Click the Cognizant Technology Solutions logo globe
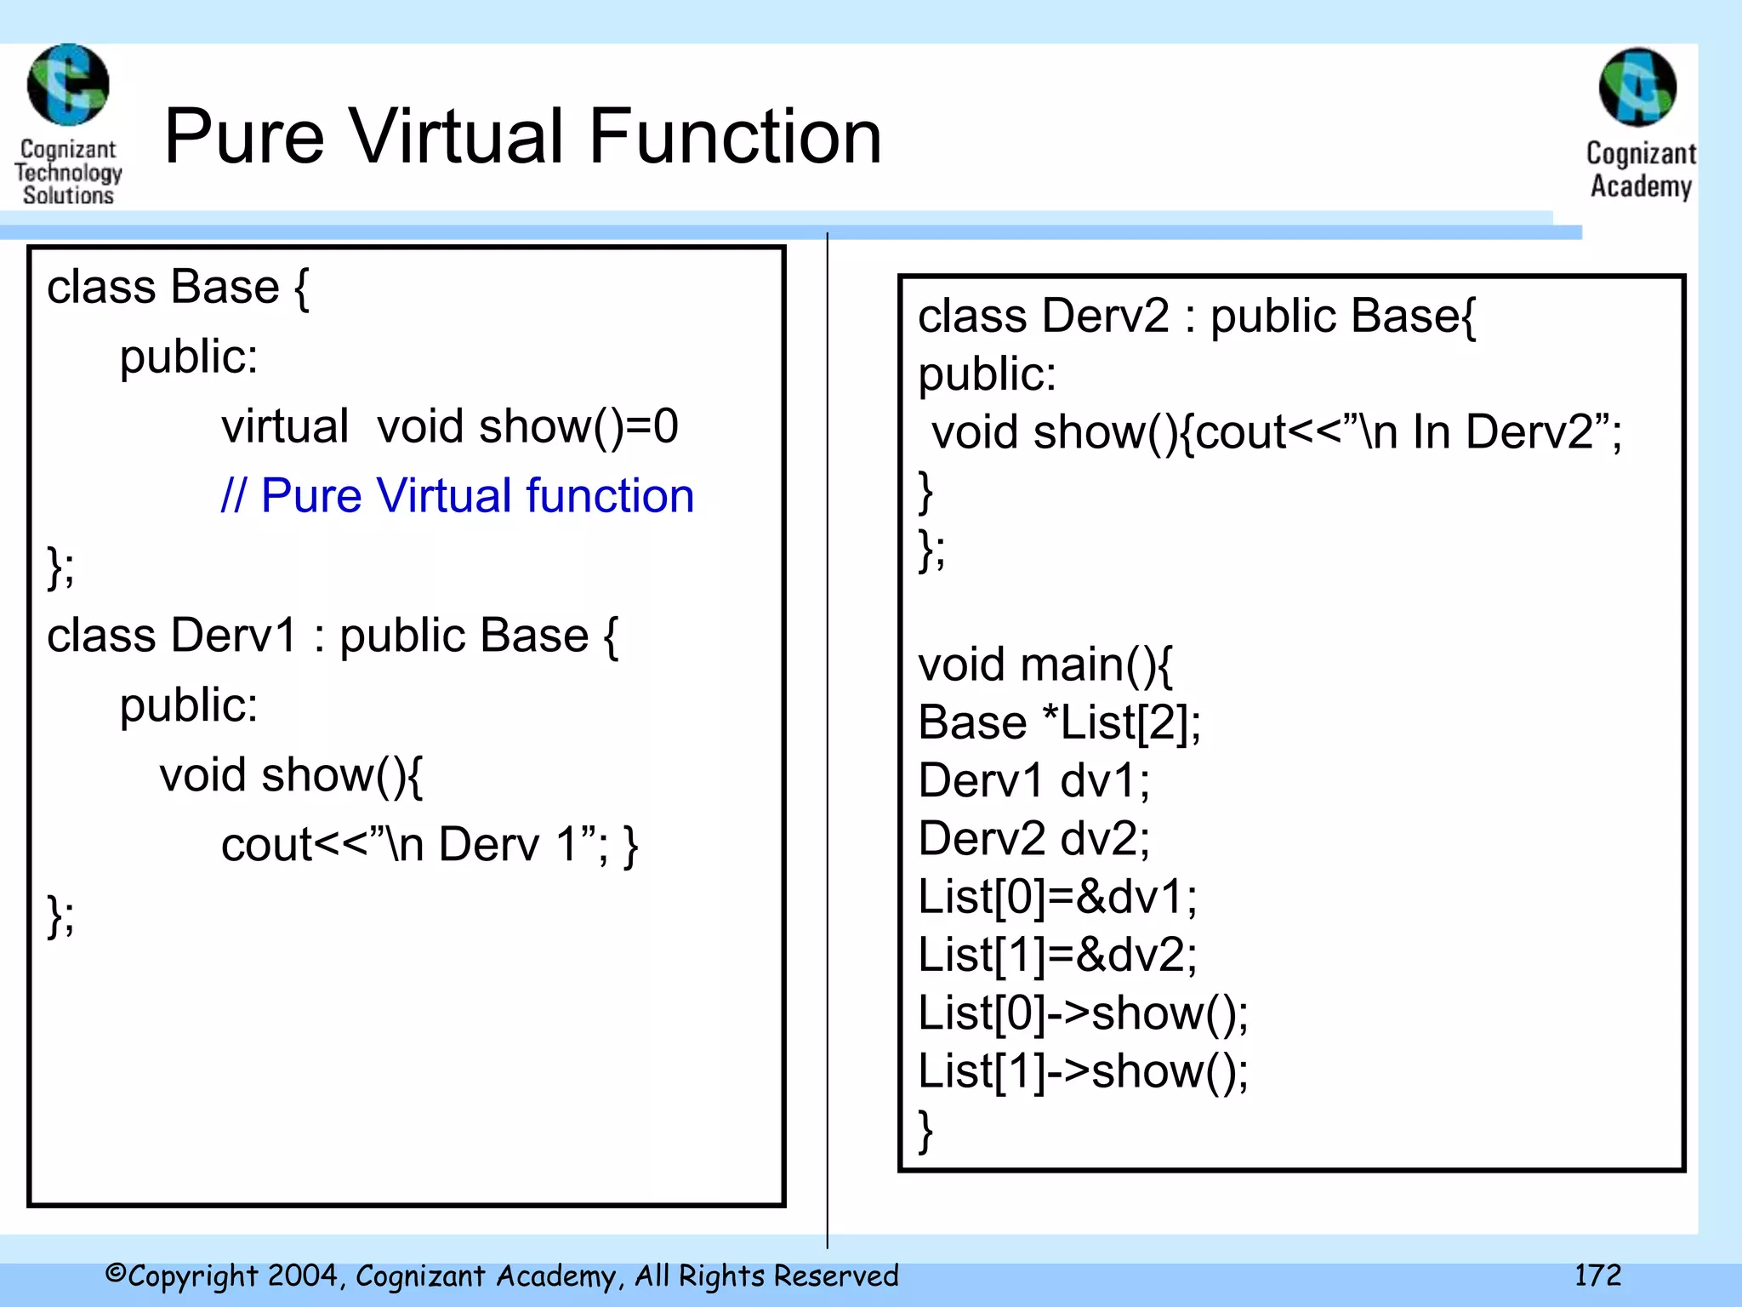pos(68,85)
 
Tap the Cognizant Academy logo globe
pos(1637,88)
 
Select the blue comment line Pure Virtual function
pos(458,495)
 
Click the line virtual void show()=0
pos(449,425)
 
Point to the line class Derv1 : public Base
pos(332,636)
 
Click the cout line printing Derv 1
pos(429,844)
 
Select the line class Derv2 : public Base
pos(1196,317)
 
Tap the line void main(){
pos(1045,665)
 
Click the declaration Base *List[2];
pos(1059,722)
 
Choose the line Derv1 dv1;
pos(1033,780)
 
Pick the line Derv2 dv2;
pos(1033,838)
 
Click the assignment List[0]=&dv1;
pos(1057,896)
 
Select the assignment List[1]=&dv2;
pos(1057,954)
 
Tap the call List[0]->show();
pos(1083,1013)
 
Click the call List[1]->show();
pos(1083,1070)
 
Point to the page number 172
pos(1597,1275)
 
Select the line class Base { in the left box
pos(178,287)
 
